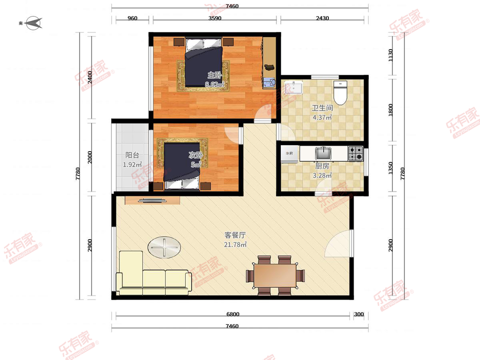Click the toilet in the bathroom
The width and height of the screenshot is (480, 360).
tap(340, 92)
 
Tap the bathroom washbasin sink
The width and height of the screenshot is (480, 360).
tap(294, 87)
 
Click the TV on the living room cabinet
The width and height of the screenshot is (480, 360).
tap(152, 200)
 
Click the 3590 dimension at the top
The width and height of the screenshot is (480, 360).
tap(215, 18)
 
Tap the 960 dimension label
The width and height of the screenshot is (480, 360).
tap(132, 18)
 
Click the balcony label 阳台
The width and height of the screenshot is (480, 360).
tap(132, 155)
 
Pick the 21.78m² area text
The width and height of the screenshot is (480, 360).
tap(235, 245)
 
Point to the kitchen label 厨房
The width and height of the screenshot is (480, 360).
tap(322, 166)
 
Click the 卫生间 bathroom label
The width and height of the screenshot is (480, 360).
tap(322, 108)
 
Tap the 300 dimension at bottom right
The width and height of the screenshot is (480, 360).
tap(359, 314)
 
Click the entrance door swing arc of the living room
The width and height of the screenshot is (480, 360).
tap(338, 244)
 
